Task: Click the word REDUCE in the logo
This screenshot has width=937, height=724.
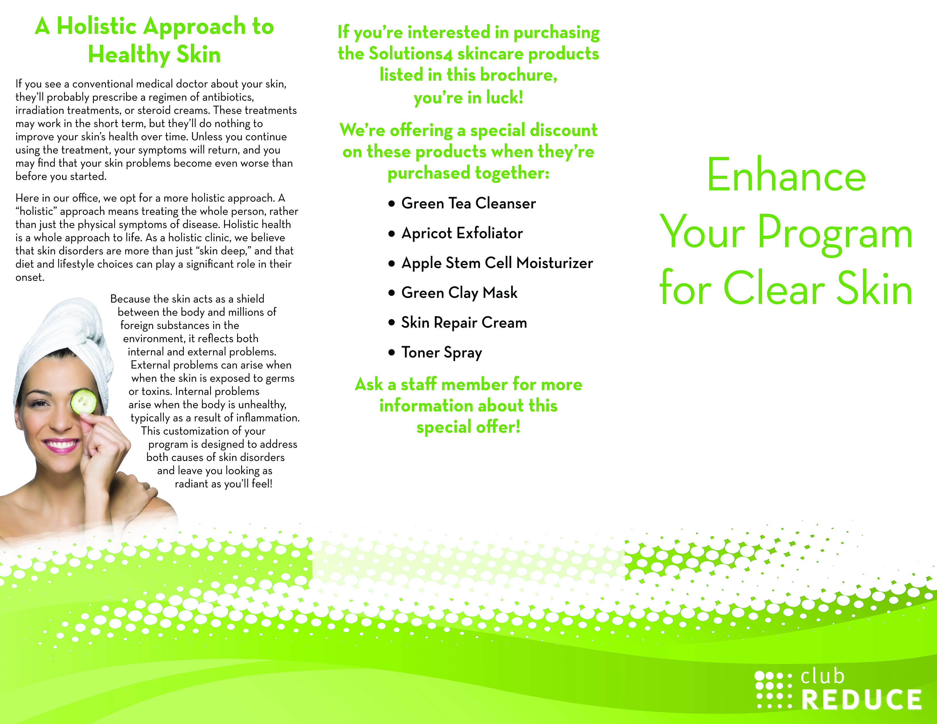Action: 861,700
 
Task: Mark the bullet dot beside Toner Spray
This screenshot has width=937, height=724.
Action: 391,353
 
